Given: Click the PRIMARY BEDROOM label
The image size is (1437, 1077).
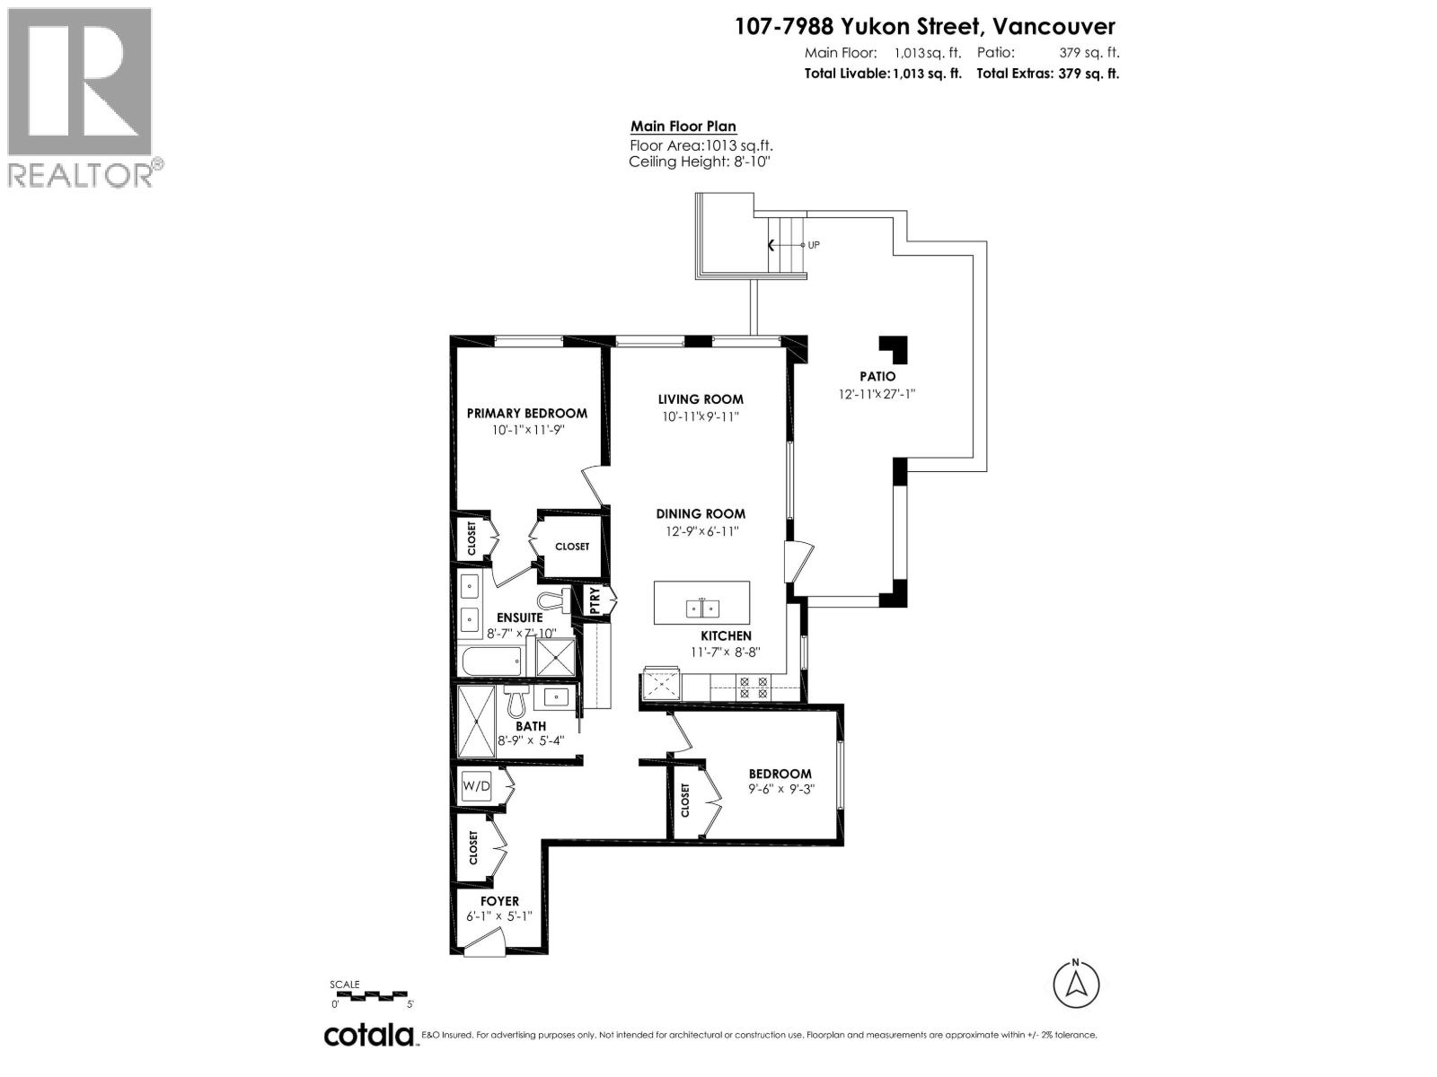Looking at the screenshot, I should tap(526, 413).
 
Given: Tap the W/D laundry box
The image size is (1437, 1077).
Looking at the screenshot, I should tap(477, 787).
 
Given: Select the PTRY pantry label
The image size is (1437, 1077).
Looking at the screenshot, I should tap(595, 601).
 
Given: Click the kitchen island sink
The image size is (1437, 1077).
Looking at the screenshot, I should tap(702, 609).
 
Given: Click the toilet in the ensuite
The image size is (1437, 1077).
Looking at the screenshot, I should tap(548, 600).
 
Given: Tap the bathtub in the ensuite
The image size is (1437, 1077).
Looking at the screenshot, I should tap(490, 663).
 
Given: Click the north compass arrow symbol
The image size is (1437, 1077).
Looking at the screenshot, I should tap(1076, 985).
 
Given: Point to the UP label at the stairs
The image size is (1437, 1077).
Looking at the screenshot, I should tap(813, 245).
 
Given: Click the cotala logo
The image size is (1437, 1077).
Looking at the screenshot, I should tap(368, 1035).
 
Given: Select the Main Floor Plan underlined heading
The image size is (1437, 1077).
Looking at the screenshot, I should tap(683, 127).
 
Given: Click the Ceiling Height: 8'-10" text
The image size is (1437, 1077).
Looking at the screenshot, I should tap(700, 162).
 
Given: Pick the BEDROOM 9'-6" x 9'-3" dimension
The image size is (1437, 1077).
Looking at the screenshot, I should tap(780, 790).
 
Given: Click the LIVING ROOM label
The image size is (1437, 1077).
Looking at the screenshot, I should tap(701, 399).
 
